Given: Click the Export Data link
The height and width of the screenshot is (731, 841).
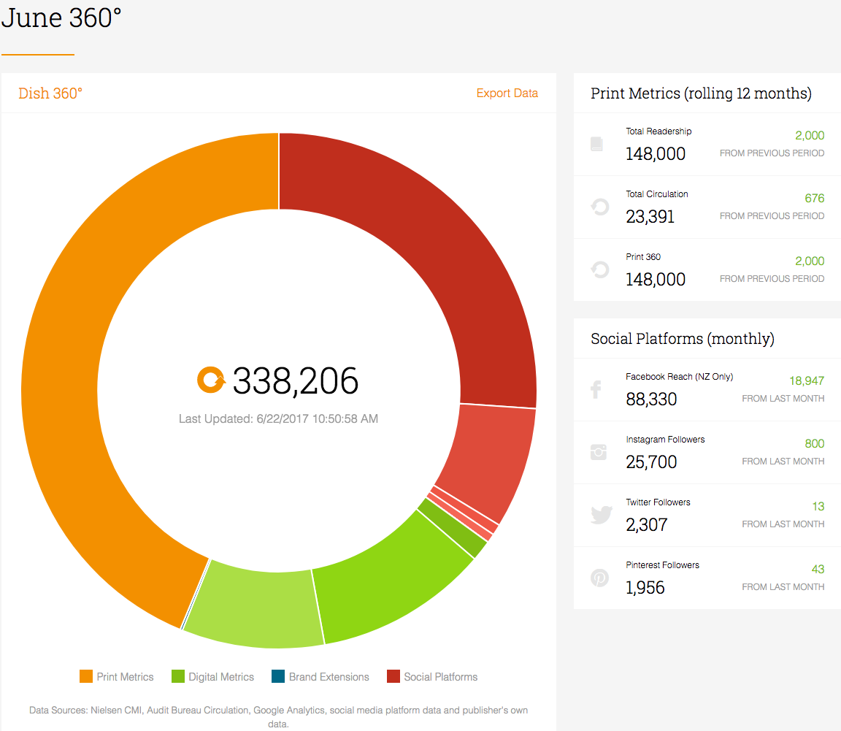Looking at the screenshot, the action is pos(507,93).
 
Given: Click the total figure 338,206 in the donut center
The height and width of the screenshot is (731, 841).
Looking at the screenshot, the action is pos(296,380).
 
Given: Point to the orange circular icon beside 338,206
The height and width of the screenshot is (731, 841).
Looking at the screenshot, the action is pos(211,380).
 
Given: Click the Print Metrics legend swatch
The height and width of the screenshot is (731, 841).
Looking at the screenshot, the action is pos(86,676).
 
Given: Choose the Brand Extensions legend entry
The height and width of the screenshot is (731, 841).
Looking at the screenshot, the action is pos(320,676).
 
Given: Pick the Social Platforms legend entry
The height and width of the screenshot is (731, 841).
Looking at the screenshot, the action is pos(431,676).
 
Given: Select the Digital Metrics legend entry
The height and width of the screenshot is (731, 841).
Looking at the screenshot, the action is pos(212,676).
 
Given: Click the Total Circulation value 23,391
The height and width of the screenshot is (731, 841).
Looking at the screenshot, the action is pos(650,216).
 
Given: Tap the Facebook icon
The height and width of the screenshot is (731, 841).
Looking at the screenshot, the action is pos(596,389).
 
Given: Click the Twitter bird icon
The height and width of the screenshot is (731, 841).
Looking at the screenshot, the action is pos(602,515).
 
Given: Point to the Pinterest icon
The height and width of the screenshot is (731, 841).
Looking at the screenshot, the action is pos(599,578).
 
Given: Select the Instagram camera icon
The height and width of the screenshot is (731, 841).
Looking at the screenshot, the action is pos(599,452).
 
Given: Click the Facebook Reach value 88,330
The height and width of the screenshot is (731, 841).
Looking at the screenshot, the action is pos(651,399).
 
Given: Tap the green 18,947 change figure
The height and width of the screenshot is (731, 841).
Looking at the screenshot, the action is pos(807,380).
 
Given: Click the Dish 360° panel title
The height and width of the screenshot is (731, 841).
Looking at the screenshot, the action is pos(50,93).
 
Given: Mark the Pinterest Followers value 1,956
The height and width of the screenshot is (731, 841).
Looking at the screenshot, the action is pos(645,587).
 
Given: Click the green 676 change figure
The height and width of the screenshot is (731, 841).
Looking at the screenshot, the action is pos(814,198).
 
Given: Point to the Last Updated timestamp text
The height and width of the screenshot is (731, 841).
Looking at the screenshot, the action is pos(278,418).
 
